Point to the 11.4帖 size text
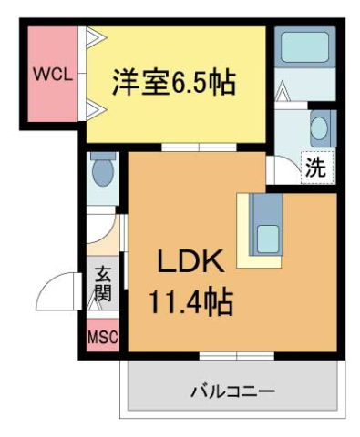pyautogui.click(x=190, y=300)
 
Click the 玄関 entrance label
pyautogui.click(x=103, y=284)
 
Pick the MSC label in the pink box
pyautogui.click(x=102, y=338)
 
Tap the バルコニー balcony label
pyautogui.click(x=232, y=392)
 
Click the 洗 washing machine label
pyautogui.click(x=314, y=168)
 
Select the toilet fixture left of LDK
pyautogui.click(x=101, y=170)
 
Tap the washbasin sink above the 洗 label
pyautogui.click(x=321, y=127)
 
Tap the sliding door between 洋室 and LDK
pyautogui.click(x=198, y=147)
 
